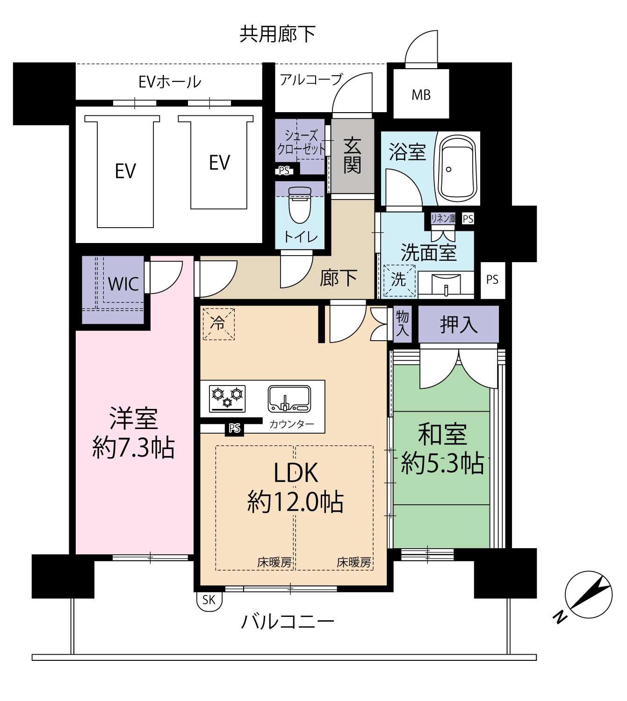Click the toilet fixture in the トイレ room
300,205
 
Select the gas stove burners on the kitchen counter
227,398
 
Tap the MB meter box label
421,94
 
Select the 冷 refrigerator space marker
218,324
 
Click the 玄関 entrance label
352,155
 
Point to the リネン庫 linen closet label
443,218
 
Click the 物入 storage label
402,324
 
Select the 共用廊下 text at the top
277,35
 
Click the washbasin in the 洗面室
446,285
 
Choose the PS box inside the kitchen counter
234,428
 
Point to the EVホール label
170,82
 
